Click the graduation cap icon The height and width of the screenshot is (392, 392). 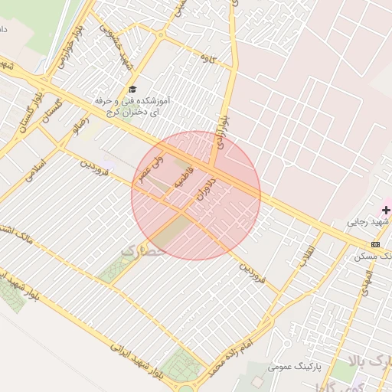coord(132,90)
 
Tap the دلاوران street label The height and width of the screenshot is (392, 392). coord(205,189)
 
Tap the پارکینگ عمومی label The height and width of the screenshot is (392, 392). coord(291,367)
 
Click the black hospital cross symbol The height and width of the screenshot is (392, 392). coord(387,210)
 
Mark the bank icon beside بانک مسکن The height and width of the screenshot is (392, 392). coord(374,244)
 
